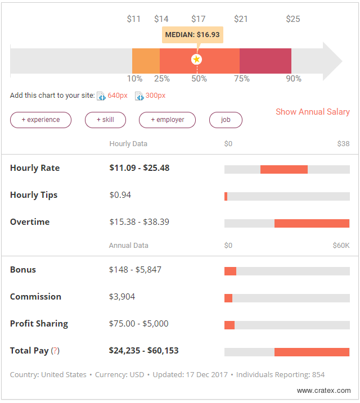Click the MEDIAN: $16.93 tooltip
(x=192, y=35)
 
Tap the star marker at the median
(x=196, y=59)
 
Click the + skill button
(x=105, y=120)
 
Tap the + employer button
(x=167, y=120)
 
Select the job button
(x=226, y=120)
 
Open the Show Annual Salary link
(x=312, y=112)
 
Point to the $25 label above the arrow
(x=293, y=19)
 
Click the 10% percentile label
(x=134, y=79)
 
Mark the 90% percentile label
(x=294, y=79)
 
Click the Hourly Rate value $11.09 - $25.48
(x=139, y=168)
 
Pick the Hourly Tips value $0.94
(x=120, y=195)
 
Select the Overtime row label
(x=30, y=222)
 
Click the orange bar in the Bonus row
(x=230, y=271)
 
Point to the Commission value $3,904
(x=122, y=297)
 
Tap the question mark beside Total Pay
(x=55, y=351)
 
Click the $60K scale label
(x=341, y=246)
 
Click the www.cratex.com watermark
(x=323, y=391)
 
